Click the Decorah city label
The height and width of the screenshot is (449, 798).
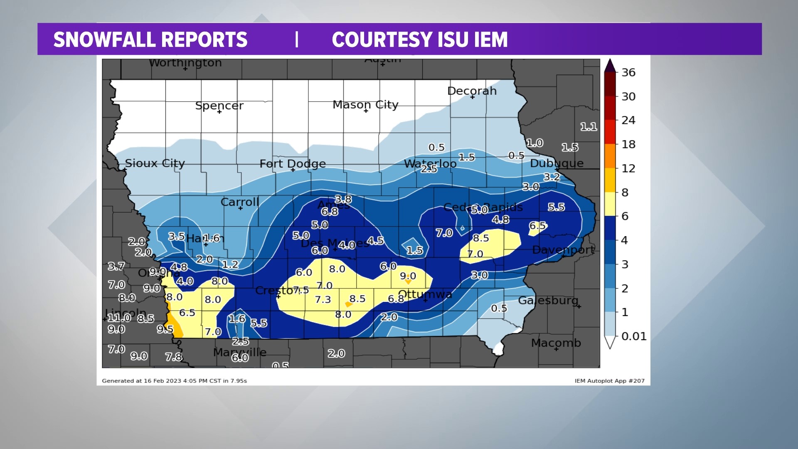pyautogui.click(x=472, y=91)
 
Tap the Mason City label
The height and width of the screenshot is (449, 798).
pyautogui.click(x=365, y=104)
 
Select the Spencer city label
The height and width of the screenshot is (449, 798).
pyautogui.click(x=219, y=106)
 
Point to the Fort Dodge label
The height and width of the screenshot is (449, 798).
pyautogui.click(x=293, y=163)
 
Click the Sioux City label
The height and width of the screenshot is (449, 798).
pyautogui.click(x=155, y=163)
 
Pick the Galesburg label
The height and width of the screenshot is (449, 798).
pyautogui.click(x=548, y=300)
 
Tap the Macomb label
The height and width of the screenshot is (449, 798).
pyautogui.click(x=556, y=343)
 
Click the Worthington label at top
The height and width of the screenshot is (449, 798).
pyautogui.click(x=185, y=63)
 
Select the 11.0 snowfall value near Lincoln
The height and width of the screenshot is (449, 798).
pyautogui.click(x=119, y=318)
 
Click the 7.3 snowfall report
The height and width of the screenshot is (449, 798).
pyautogui.click(x=323, y=299)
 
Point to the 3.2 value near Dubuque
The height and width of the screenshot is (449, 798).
pyautogui.click(x=552, y=177)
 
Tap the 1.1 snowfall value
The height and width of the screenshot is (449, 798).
pyautogui.click(x=588, y=126)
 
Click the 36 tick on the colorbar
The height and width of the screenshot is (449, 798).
pyautogui.click(x=628, y=72)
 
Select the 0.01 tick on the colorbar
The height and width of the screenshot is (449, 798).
pyautogui.click(x=633, y=336)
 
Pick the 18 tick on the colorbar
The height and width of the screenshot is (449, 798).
pyautogui.click(x=628, y=144)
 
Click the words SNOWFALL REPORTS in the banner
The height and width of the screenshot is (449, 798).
pyautogui.click(x=150, y=39)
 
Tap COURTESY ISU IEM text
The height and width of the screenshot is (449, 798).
pyautogui.click(x=419, y=39)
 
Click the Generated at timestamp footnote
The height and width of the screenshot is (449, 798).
pyautogui.click(x=174, y=381)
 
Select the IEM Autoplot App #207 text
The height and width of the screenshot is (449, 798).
pyautogui.click(x=609, y=381)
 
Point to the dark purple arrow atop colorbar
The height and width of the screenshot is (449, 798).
pyautogui.click(x=609, y=66)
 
